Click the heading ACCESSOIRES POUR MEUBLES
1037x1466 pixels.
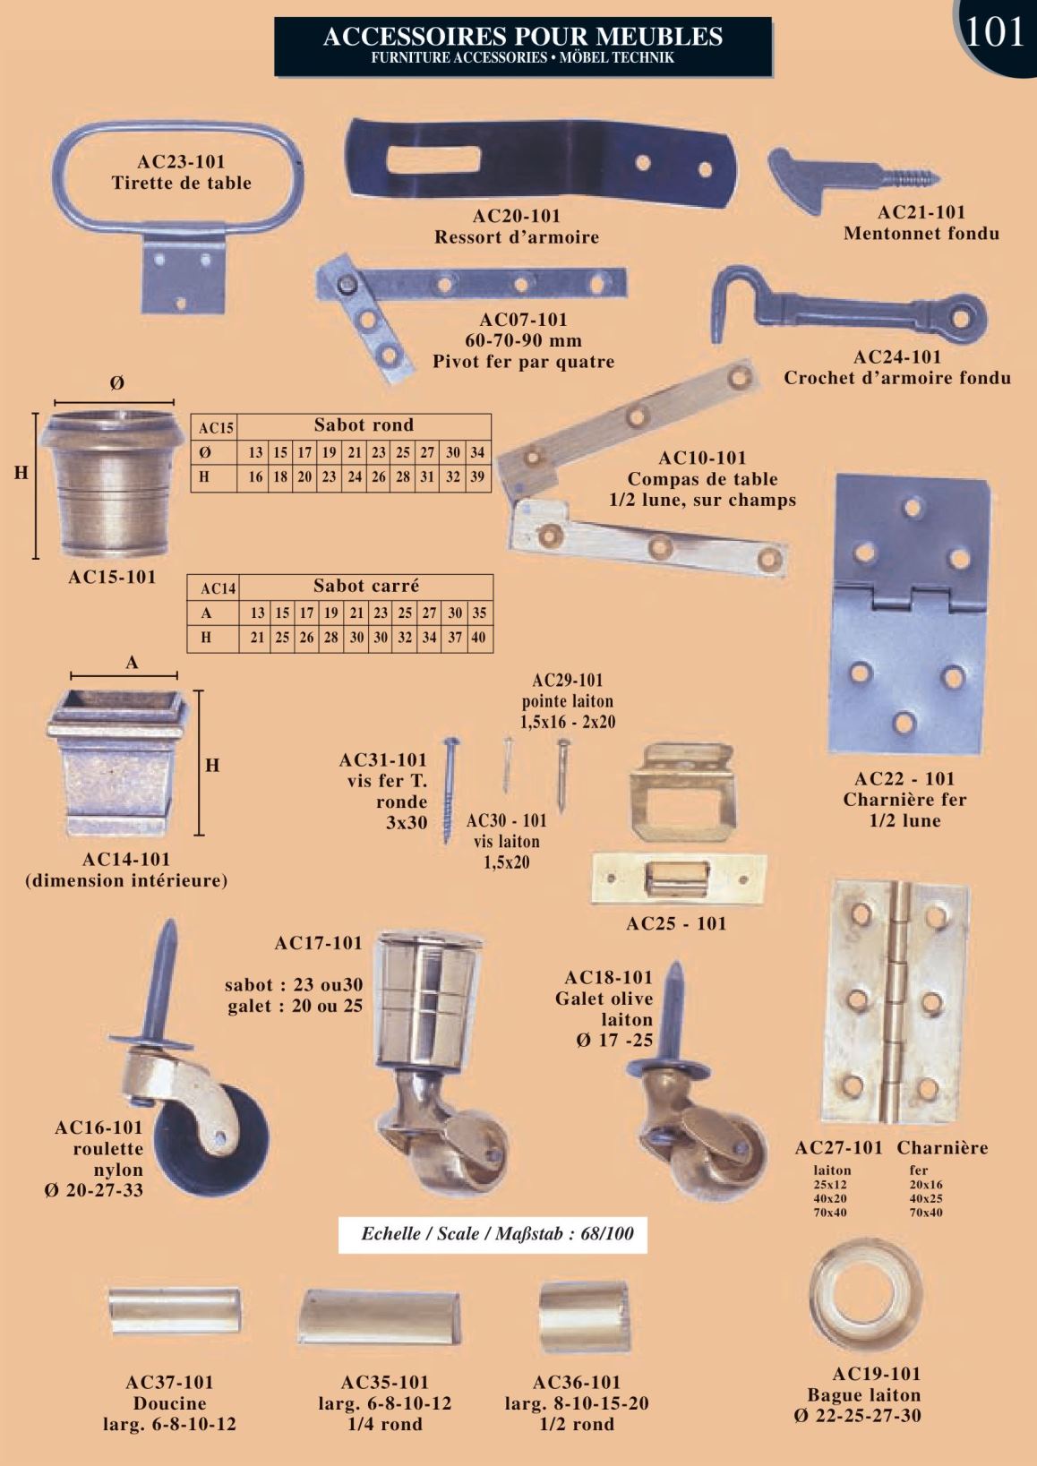tap(523, 36)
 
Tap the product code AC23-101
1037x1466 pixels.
tap(181, 162)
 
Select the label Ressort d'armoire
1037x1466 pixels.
tap(517, 237)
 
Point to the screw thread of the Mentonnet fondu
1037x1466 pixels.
tap(912, 178)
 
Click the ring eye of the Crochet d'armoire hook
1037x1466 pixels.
tap(961, 318)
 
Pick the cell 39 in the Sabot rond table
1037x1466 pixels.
tap(477, 477)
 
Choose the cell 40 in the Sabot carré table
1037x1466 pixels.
tap(478, 638)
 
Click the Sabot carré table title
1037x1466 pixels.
tap(365, 585)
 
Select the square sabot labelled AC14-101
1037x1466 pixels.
tap(118, 763)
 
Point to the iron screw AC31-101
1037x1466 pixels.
tap(450, 791)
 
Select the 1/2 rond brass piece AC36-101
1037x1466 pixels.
tap(584, 1316)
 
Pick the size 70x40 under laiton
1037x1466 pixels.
tap(830, 1213)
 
